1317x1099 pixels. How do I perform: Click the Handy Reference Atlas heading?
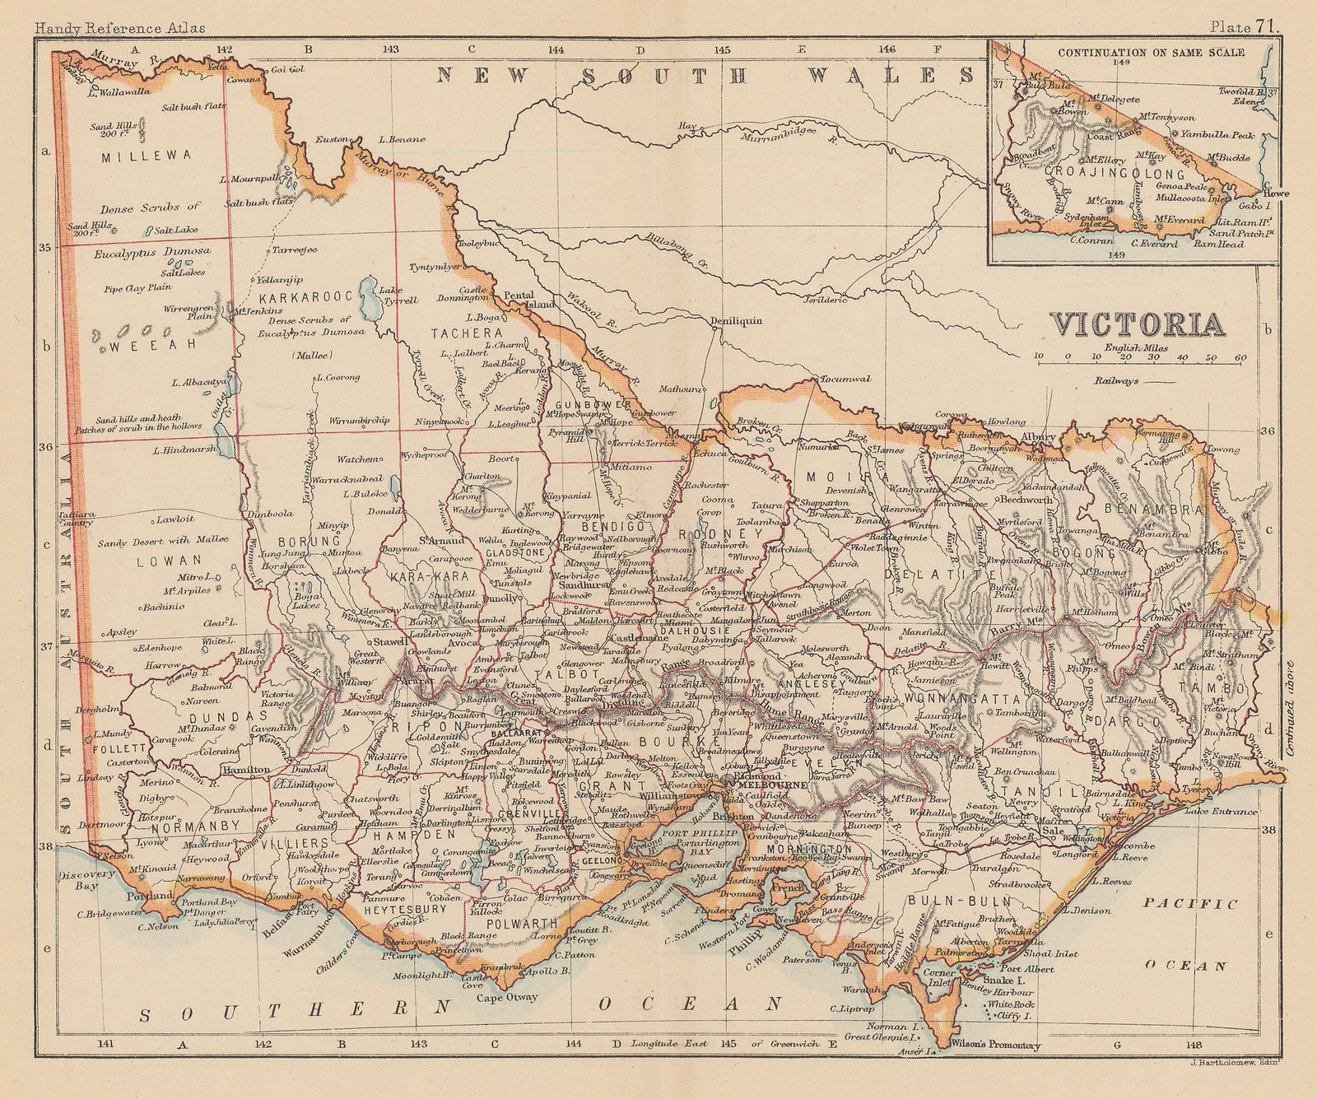114,7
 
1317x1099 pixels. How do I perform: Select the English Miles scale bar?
1141,357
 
